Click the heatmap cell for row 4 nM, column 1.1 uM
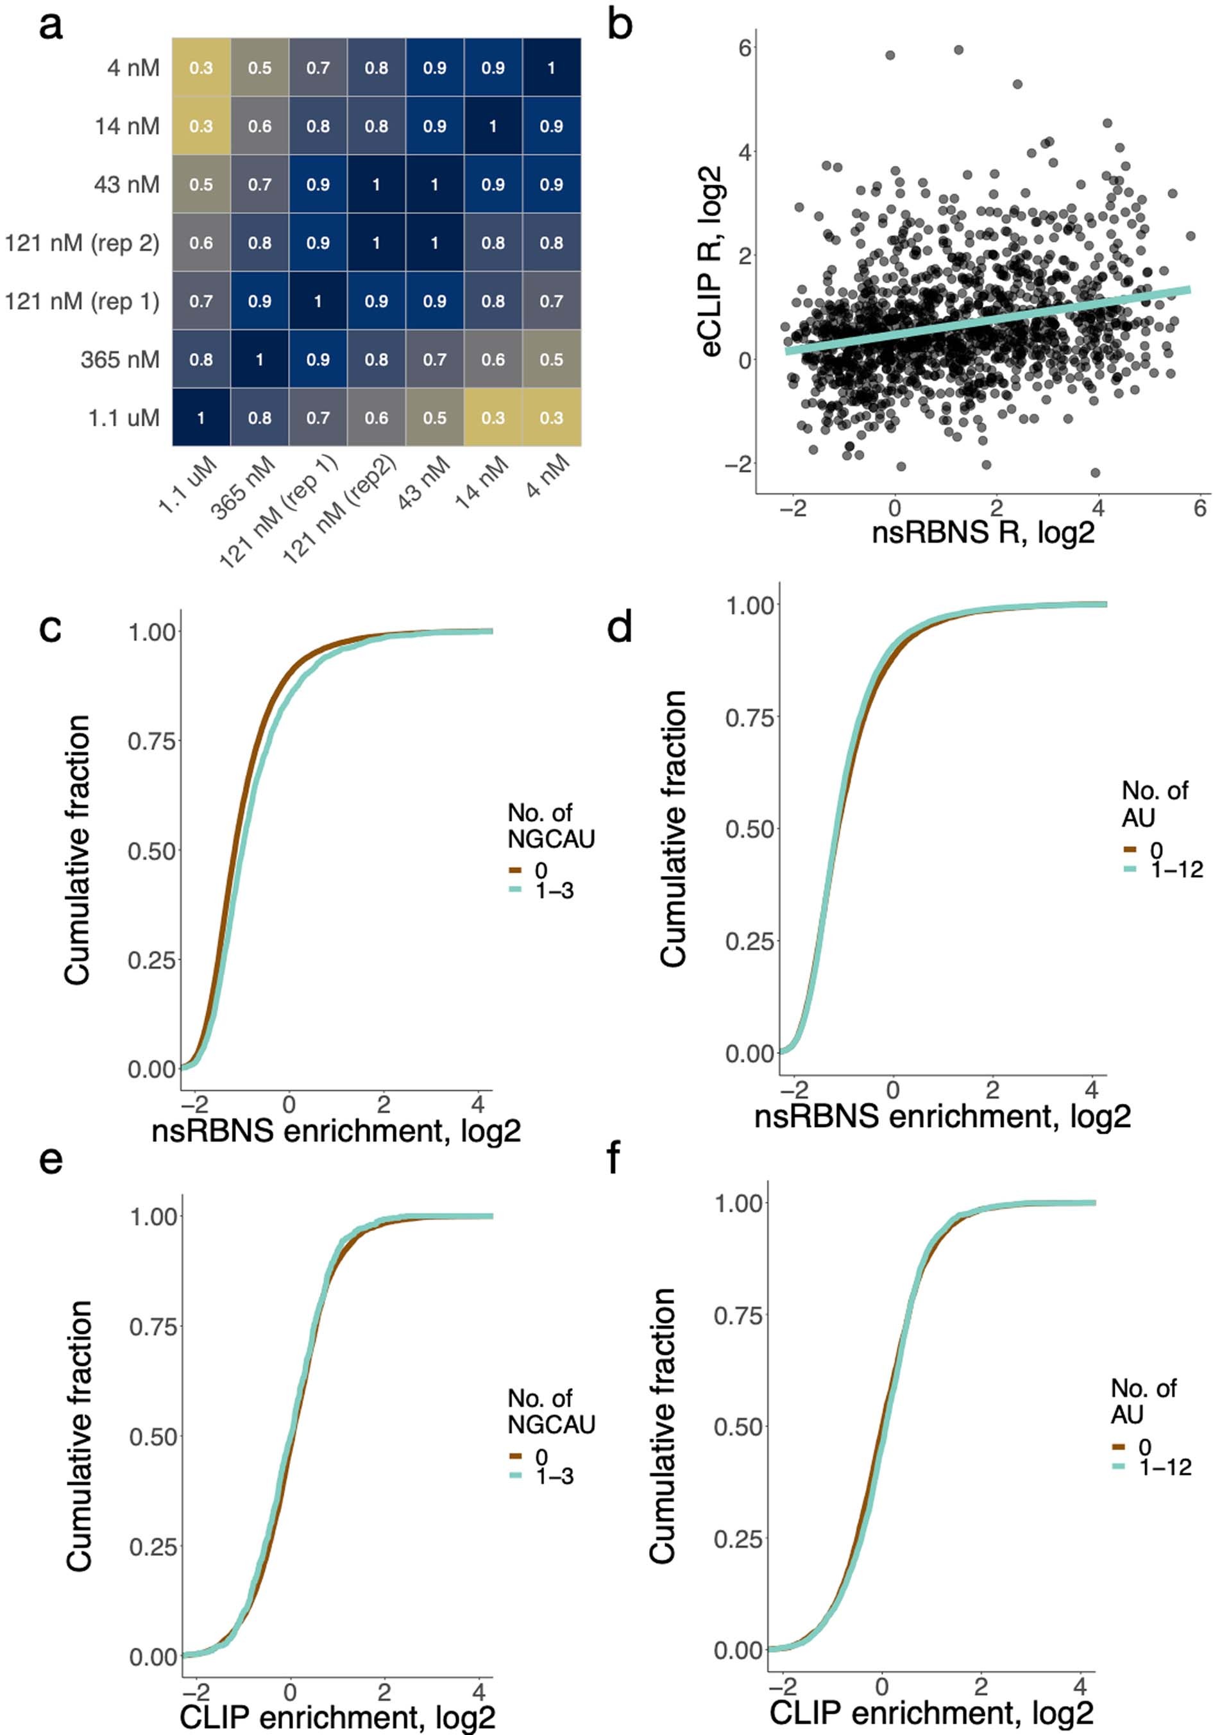coord(201,68)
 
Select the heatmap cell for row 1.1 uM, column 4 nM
coord(551,418)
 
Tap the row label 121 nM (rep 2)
coord(81,243)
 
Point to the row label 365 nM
coord(120,360)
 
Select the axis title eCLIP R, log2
coord(711,260)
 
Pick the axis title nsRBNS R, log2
coord(983,533)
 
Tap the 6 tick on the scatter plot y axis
coord(745,48)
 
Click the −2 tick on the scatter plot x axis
coord(793,509)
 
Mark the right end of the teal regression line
coord(1188,289)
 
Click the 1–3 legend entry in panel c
coord(554,891)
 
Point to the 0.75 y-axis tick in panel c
coord(152,741)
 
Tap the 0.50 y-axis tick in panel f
coord(738,1426)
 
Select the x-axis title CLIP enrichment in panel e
coord(337,1718)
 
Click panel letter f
coord(614,1158)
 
